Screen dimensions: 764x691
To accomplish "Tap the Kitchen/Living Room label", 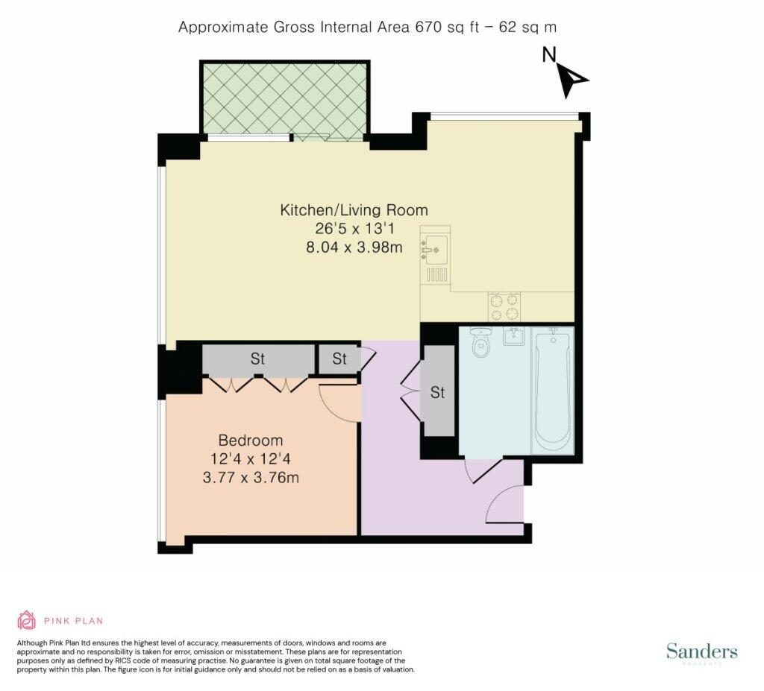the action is [354, 210].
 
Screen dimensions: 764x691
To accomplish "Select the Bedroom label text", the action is [251, 441].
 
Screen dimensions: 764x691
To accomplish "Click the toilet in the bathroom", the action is [480, 342].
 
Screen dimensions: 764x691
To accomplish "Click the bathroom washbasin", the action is [513, 335].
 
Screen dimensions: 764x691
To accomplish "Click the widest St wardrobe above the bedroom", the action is [258, 359].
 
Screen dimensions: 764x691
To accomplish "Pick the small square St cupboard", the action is [339, 359].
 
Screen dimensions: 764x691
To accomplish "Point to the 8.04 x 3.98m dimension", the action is [354, 247].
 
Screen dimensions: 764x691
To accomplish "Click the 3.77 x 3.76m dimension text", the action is [251, 478].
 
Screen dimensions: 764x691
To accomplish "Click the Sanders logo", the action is [701, 651].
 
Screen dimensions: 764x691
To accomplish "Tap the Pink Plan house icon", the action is [27, 620].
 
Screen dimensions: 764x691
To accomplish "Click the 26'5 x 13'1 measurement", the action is [354, 228].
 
